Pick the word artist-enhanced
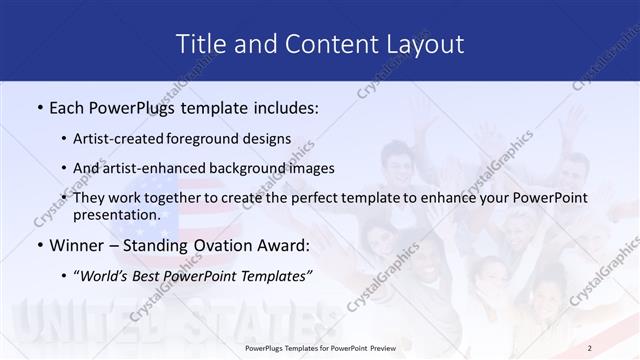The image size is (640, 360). [x=165, y=168]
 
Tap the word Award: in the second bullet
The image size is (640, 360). [x=279, y=245]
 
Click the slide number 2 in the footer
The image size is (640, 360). [x=618, y=349]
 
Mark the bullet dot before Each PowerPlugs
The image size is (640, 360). [x=39, y=106]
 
